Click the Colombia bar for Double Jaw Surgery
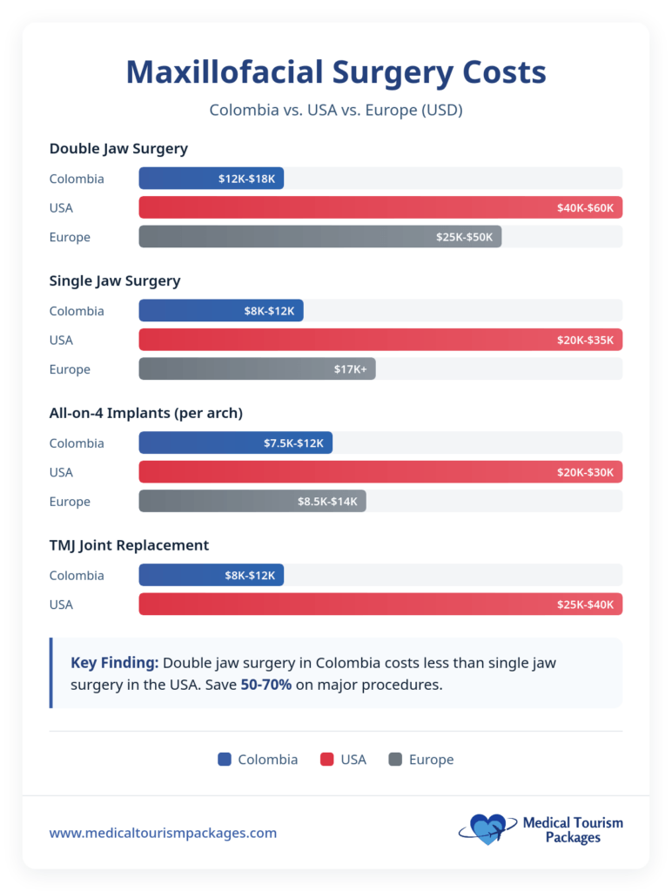[x=211, y=179]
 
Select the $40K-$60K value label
[x=585, y=208]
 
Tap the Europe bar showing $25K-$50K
[x=319, y=237]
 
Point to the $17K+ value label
[x=350, y=369]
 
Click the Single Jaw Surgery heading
[x=115, y=280]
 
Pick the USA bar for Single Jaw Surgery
[x=380, y=340]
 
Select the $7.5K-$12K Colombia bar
[x=235, y=443]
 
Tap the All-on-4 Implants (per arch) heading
[x=144, y=413]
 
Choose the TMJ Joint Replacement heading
[x=129, y=545]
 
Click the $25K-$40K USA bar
[x=380, y=605]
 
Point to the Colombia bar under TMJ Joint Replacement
[x=211, y=576]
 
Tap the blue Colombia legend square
[x=225, y=760]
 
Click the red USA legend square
[x=327, y=760]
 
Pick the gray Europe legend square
[x=395, y=760]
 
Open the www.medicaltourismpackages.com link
[x=163, y=833]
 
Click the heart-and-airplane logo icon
[x=486, y=829]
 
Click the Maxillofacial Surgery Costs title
[x=336, y=72]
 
